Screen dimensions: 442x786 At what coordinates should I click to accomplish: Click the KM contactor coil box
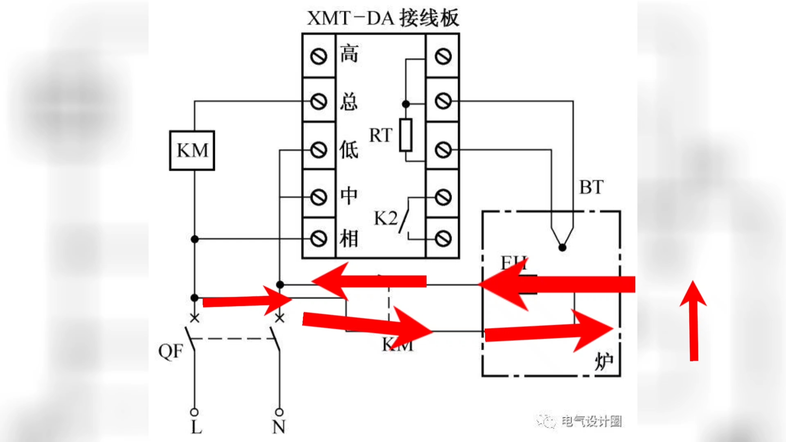(192, 151)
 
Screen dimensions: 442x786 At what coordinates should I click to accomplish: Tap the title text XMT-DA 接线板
(383, 18)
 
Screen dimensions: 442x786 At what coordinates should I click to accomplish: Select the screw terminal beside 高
(318, 56)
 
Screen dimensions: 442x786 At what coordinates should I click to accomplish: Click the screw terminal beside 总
(318, 101)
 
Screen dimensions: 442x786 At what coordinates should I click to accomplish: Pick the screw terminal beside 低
(318, 150)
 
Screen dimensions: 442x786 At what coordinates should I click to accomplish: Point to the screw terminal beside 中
(318, 197)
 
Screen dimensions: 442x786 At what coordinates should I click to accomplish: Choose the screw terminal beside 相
(318, 239)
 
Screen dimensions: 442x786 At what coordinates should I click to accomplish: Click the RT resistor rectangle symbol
(406, 135)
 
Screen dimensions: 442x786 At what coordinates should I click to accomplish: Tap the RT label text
(380, 135)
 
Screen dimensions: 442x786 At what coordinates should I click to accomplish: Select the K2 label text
(385, 219)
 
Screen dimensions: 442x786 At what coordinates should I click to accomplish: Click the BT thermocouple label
(591, 187)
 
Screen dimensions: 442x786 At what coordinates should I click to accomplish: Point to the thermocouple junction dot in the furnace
(562, 248)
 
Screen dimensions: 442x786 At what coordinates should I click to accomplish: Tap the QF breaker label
(170, 351)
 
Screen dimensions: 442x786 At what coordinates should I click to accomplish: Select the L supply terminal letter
(196, 428)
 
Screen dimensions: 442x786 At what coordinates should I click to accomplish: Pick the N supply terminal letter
(279, 428)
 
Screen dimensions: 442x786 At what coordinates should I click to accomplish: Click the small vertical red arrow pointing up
(693, 321)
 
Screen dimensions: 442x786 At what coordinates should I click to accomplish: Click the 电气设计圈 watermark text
(591, 421)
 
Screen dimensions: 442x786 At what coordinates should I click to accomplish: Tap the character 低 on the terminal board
(349, 150)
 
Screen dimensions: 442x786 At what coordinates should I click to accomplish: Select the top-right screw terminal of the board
(443, 56)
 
